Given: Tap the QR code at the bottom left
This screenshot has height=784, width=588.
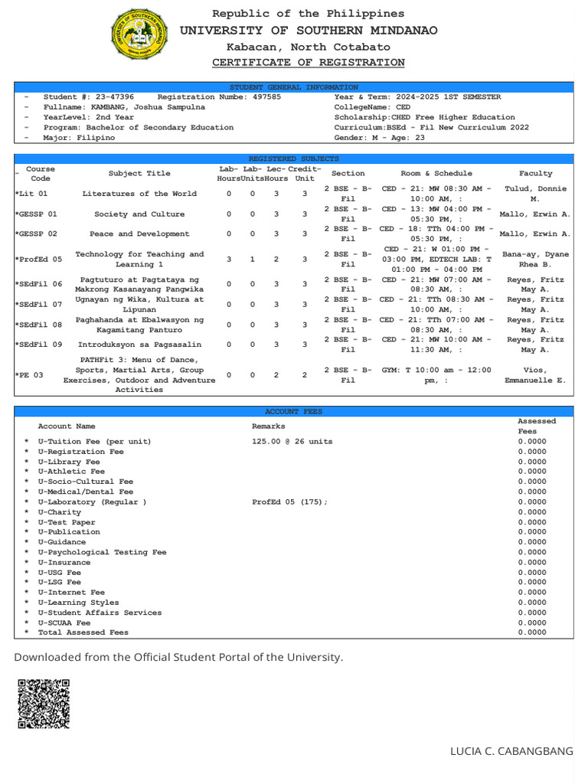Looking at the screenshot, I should (x=44, y=703).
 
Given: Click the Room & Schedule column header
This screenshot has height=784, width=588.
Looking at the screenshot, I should (x=436, y=174).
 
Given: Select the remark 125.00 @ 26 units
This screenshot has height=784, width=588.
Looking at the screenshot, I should (x=292, y=442).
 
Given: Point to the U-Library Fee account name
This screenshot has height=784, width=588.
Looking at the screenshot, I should (x=69, y=462).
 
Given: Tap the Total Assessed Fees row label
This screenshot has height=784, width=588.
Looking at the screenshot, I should (x=83, y=632).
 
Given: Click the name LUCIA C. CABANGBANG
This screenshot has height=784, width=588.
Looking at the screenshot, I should (x=511, y=752).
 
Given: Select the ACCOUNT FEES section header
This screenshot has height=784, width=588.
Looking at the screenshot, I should (x=293, y=411).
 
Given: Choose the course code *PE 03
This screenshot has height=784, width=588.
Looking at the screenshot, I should (x=28, y=375).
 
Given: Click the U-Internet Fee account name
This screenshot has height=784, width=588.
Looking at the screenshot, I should (x=71, y=592).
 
